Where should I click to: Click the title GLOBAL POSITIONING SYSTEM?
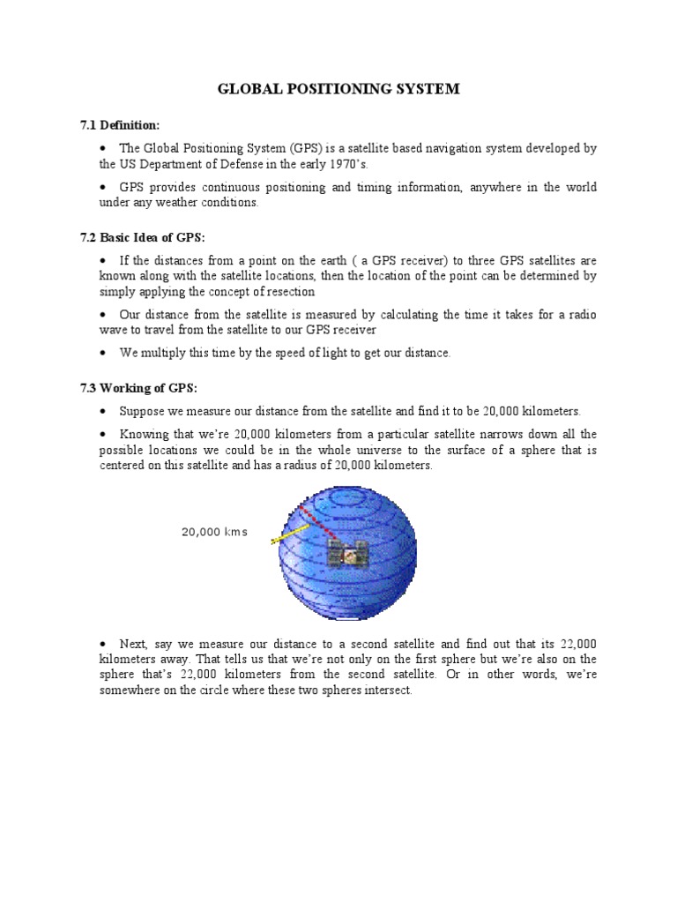pos(338,90)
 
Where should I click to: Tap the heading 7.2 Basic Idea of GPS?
pos(142,238)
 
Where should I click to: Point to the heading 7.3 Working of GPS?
pos(136,389)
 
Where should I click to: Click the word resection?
pos(285,291)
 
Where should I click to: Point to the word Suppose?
pos(144,412)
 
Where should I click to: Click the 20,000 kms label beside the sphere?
pos(214,532)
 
